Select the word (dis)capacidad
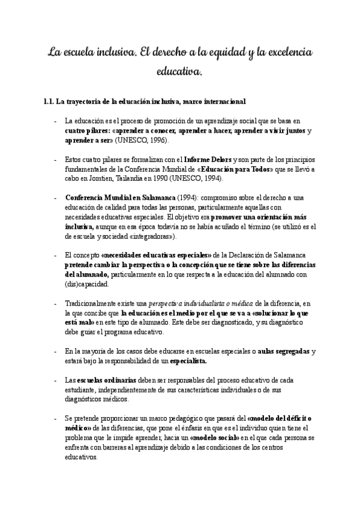(x=86, y=284)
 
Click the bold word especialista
(x=188, y=361)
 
